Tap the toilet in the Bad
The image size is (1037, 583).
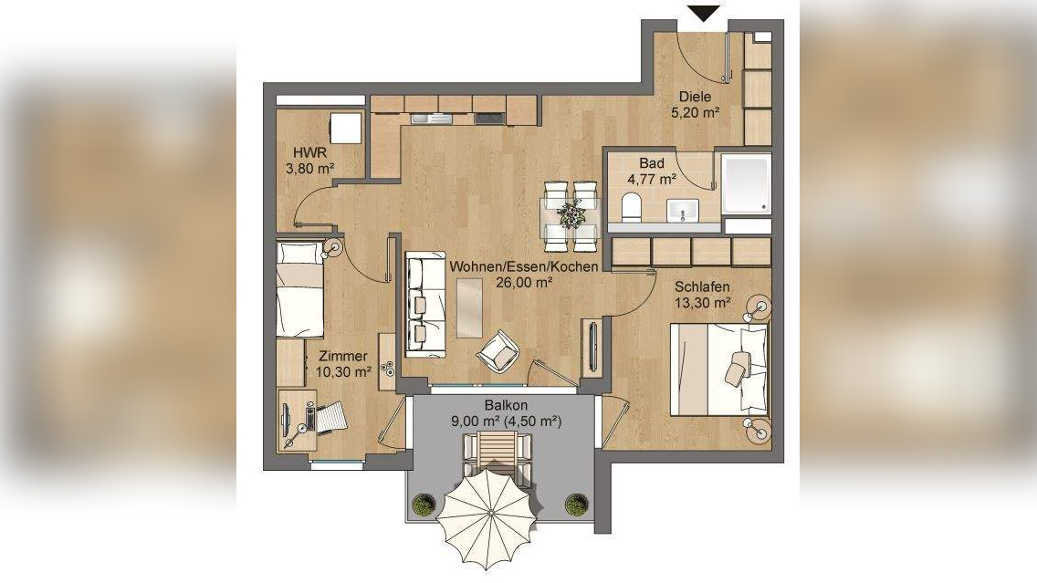coord(631,207)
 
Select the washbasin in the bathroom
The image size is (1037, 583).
coord(682,210)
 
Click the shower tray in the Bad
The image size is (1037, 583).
coord(747,184)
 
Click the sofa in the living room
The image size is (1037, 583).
coord(424,304)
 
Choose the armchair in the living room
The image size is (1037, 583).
coord(498,352)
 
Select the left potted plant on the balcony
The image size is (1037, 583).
coord(424,505)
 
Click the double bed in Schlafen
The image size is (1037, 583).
coord(719,369)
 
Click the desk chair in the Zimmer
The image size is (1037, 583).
coord(329,419)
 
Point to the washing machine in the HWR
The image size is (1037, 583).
coord(346,128)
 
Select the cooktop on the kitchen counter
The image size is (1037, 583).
coord(488,119)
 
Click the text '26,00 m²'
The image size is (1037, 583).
coord(524,282)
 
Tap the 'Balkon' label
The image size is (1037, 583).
coord(506,405)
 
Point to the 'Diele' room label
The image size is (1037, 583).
coord(695,97)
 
